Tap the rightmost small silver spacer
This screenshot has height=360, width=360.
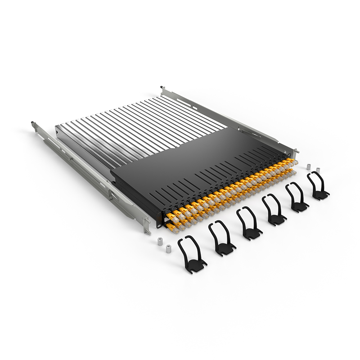(318, 171)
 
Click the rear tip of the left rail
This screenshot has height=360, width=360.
(33, 123)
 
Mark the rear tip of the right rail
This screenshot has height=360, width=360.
(162, 88)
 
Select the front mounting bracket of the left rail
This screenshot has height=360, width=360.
(146, 224)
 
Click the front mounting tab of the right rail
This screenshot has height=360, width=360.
(295, 152)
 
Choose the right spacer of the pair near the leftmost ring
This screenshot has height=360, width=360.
(168, 248)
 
